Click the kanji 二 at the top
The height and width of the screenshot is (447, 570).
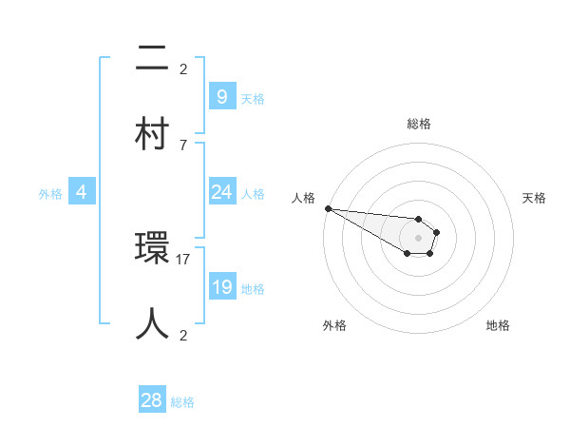click(x=152, y=59)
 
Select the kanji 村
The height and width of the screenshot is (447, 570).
click(x=152, y=133)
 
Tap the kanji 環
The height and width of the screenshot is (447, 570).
click(x=152, y=249)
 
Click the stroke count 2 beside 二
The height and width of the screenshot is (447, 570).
click(x=183, y=68)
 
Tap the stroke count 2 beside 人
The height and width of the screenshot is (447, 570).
click(x=183, y=335)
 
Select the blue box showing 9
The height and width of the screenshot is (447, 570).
click(x=221, y=96)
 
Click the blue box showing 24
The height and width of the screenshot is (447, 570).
click(x=221, y=192)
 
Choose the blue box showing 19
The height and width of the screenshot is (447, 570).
click(x=221, y=287)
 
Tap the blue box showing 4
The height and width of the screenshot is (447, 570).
click(x=82, y=192)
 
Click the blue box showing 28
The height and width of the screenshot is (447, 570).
click(x=152, y=400)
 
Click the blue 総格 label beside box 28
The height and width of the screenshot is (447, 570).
click(x=182, y=402)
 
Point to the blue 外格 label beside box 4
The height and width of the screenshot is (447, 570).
click(x=50, y=194)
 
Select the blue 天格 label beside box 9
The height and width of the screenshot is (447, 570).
click(x=253, y=98)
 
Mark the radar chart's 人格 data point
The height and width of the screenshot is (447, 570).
click(x=327, y=208)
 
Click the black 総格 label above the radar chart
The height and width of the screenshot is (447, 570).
click(x=419, y=124)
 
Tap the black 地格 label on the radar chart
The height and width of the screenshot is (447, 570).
click(x=498, y=325)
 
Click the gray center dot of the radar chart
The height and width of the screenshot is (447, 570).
click(x=418, y=237)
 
